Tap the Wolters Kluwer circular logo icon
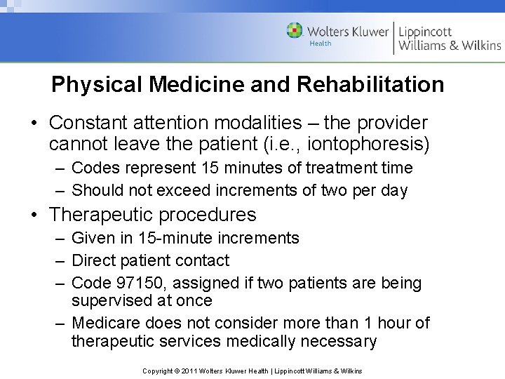pos(295,30)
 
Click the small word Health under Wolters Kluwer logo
pos(321,44)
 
